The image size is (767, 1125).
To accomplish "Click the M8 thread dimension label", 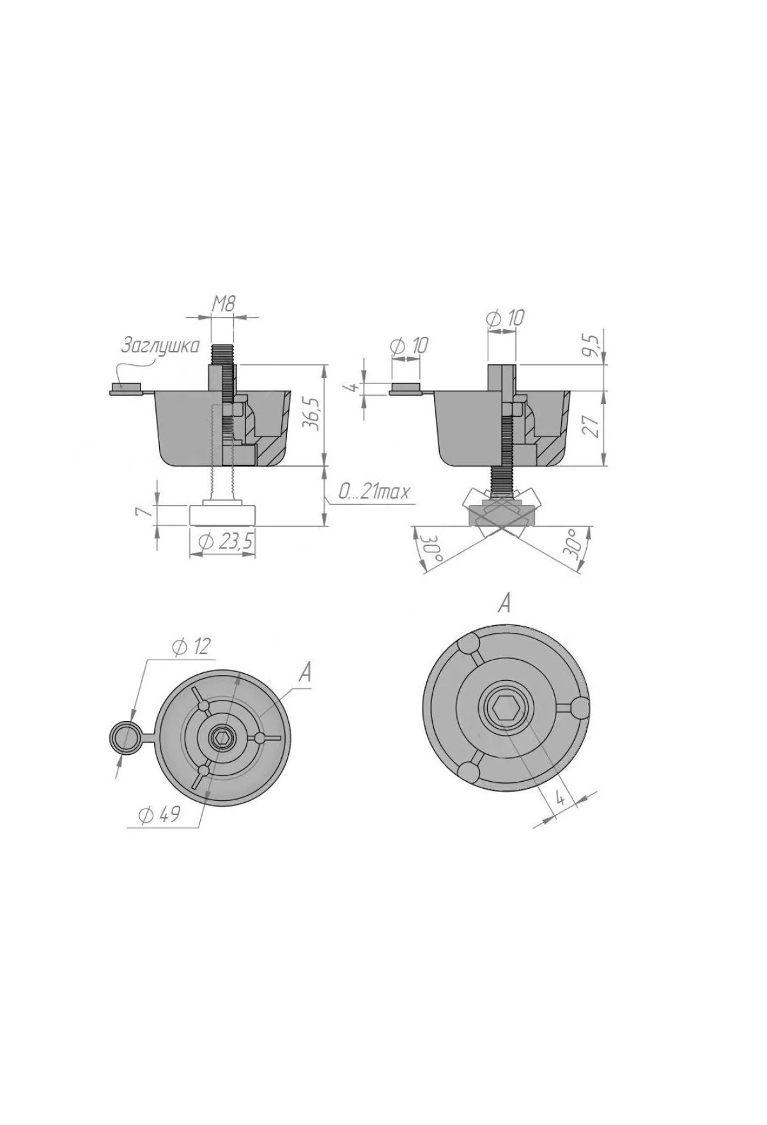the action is coord(224,304).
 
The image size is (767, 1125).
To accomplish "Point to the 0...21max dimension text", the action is coord(374,493).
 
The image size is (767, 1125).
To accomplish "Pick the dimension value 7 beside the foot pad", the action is coord(146,512).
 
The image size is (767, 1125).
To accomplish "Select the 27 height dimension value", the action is coord(592,426).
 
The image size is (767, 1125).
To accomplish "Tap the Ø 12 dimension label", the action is coord(190,647).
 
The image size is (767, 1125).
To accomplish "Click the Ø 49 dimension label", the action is coord(159,814).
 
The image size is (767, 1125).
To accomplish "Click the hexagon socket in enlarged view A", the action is coord(505,709).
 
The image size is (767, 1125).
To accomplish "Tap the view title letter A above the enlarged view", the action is coord(504,603).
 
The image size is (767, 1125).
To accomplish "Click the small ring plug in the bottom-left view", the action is coord(125,737).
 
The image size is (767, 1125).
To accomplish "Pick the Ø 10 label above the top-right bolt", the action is coord(506,318).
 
